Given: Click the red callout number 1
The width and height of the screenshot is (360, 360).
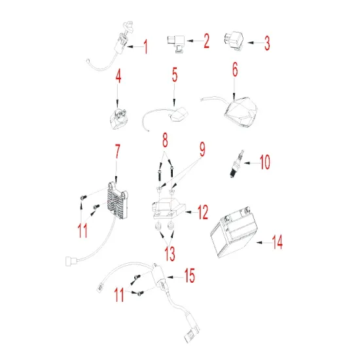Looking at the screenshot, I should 145,48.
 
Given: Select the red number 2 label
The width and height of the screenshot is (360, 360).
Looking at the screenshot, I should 206,43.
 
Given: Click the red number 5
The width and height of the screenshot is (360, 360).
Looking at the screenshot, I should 175,76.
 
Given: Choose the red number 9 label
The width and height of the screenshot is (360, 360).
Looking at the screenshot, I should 202,150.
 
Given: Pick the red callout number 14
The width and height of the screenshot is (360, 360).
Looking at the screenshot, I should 278,243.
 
